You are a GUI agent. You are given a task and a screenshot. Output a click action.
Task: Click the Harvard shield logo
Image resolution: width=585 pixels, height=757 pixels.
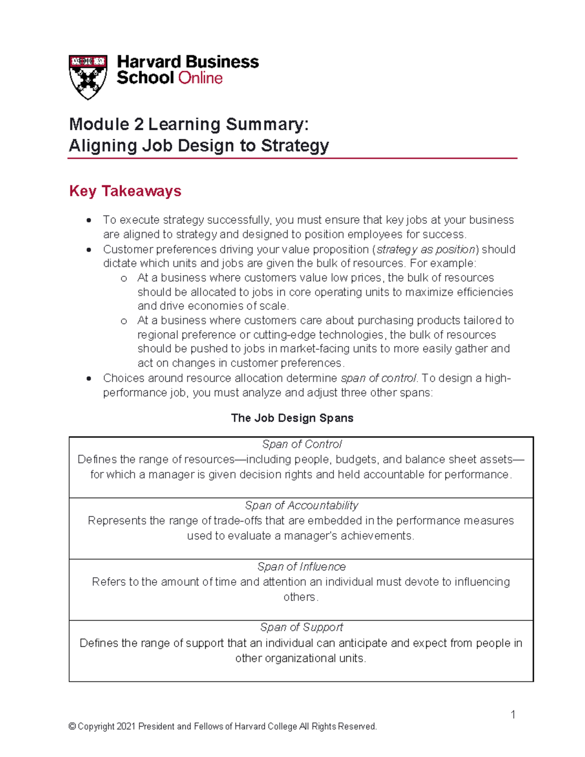(88, 77)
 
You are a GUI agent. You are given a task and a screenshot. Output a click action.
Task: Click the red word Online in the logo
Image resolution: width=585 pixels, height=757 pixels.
(200, 78)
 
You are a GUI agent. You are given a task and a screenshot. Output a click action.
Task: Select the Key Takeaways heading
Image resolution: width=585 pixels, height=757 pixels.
(125, 191)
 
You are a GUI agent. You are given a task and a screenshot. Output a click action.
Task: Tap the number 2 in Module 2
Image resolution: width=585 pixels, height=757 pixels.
(139, 124)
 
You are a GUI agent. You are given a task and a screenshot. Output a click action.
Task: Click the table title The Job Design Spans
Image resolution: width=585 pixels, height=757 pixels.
(292, 418)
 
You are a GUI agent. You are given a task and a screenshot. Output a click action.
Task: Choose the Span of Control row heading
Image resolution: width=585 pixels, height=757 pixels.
(301, 445)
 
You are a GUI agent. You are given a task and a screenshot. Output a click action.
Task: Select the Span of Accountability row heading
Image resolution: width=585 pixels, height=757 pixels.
(301, 505)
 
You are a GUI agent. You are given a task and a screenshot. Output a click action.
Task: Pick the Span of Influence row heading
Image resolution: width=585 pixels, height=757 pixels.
(301, 567)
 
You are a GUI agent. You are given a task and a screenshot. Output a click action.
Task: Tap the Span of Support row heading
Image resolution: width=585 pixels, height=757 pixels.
(301, 627)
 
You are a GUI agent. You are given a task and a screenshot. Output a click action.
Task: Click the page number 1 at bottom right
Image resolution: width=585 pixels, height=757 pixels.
(513, 715)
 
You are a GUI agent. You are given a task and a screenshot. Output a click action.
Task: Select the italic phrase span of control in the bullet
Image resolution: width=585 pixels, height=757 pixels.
(379, 378)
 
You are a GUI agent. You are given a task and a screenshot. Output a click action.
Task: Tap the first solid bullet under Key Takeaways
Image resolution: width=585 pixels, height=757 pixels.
(89, 221)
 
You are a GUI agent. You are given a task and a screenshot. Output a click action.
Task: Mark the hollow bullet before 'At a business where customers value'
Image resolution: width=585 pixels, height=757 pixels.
(124, 279)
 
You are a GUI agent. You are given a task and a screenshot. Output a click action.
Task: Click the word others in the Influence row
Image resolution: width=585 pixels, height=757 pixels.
(300, 597)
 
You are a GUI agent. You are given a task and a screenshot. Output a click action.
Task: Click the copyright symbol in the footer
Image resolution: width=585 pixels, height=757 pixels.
(72, 727)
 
